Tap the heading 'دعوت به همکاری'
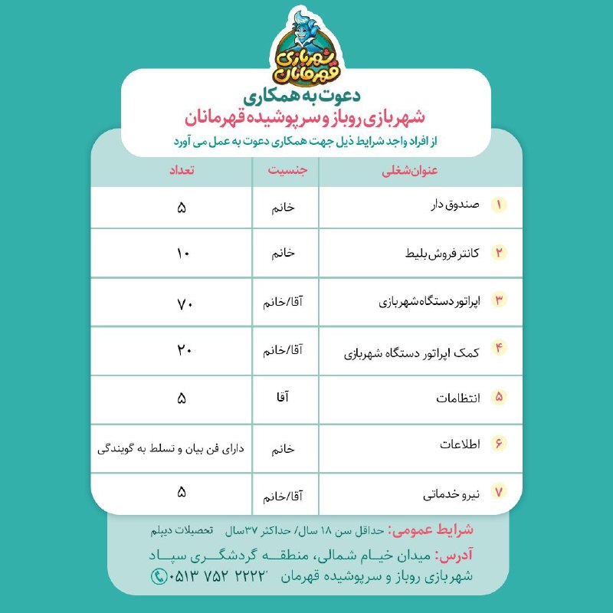[306, 99]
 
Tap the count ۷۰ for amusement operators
[182, 301]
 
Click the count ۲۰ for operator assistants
[182, 350]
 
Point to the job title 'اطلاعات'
[461, 445]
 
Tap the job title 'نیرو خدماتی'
[451, 495]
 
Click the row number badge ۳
[500, 300]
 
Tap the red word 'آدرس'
[453, 555]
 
